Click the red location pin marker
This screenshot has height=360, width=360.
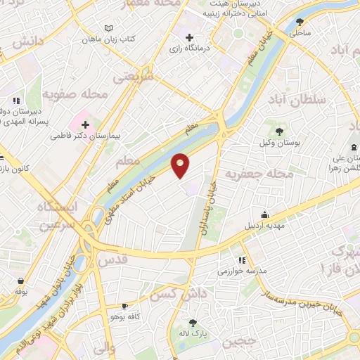tap(181, 165)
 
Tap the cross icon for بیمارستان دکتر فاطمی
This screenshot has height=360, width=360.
tap(86, 124)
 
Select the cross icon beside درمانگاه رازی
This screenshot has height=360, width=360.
tap(189, 37)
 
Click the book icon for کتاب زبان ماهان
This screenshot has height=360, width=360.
tap(108, 28)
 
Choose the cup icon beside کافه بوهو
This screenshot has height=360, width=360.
tap(124, 306)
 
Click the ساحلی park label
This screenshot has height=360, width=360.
tap(300, 32)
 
